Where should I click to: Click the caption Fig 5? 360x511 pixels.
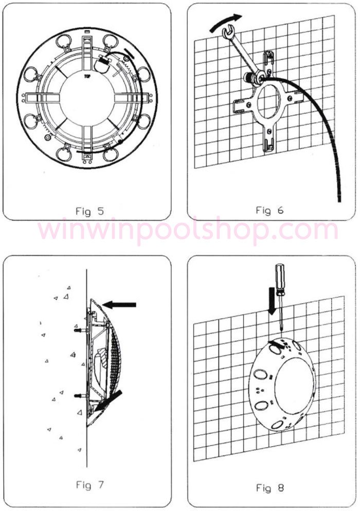[x=89, y=211]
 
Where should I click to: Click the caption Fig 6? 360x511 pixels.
[x=270, y=210]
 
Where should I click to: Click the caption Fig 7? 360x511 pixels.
[x=89, y=485]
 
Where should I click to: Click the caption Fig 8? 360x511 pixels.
[x=270, y=488]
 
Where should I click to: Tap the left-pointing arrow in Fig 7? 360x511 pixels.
[x=119, y=305]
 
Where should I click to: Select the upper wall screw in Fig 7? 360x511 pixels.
[x=80, y=330]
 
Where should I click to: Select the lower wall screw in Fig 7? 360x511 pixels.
[x=80, y=396]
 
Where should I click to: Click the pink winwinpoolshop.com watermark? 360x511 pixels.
[x=188, y=230]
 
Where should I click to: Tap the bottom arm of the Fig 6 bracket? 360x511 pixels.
[x=268, y=137]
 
